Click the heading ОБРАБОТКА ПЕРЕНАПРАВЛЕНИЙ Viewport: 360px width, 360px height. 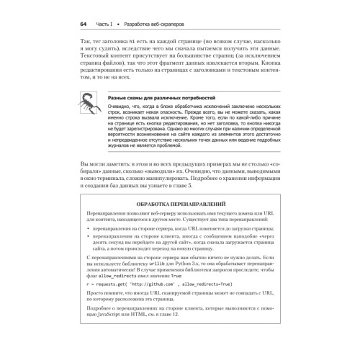pyautogui.click(x=179, y=204)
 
